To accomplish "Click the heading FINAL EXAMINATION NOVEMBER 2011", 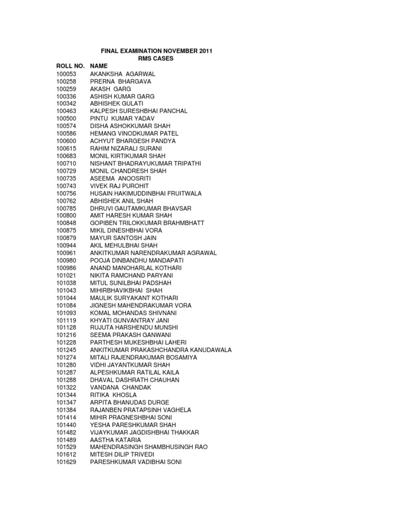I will coord(156,51).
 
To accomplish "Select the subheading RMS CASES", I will coord(156,59).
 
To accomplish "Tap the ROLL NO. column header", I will coord(70,66).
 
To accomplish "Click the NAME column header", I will coord(99,66).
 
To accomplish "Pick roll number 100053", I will coord(66,74).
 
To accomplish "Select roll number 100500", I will coord(66,119).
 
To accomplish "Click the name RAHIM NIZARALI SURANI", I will coord(126,149).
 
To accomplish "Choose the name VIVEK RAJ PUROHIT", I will coord(119,186).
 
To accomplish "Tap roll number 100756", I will coord(66,193).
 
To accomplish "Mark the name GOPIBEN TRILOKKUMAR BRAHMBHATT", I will coord(147,223).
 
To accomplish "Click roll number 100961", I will coord(66,253).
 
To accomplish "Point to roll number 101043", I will coord(66,290).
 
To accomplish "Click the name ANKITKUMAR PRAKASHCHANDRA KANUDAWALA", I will coord(161,350).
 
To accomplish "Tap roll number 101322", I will coord(66,387).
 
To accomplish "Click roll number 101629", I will coord(66,462).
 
